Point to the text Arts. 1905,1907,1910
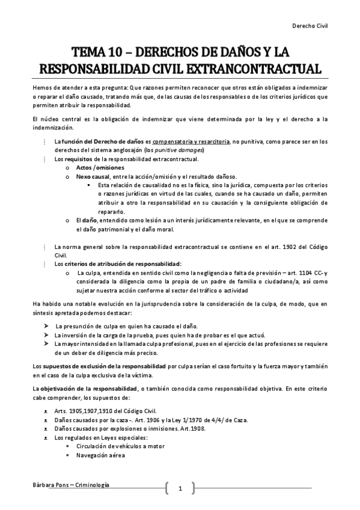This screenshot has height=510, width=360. click(x=82, y=411)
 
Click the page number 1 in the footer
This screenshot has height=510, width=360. click(x=179, y=489)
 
